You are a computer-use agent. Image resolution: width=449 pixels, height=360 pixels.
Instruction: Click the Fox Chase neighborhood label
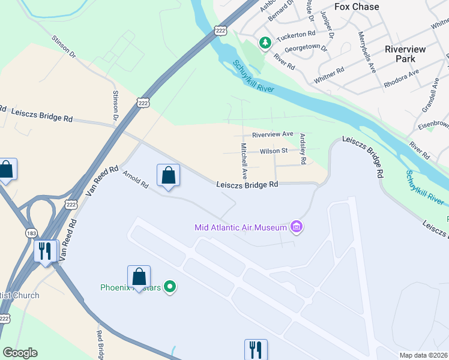[x=357, y=7]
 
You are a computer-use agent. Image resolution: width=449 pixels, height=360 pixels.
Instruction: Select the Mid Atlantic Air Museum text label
[x=240, y=227]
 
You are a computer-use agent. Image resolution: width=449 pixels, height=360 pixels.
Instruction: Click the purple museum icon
[x=296, y=227]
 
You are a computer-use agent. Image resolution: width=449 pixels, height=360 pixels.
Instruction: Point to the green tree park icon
[x=264, y=43]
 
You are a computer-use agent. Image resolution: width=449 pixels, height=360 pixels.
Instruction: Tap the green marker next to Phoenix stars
[x=170, y=287]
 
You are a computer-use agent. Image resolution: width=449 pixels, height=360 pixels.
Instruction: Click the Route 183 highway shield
[x=29, y=232]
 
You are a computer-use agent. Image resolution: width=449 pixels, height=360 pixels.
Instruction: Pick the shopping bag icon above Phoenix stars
[x=139, y=277]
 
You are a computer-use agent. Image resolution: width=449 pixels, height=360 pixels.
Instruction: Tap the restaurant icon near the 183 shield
[x=46, y=251]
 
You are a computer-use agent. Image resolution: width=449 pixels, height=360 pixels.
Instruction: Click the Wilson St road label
[x=273, y=151]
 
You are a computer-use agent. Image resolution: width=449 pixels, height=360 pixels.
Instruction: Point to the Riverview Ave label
[x=273, y=134]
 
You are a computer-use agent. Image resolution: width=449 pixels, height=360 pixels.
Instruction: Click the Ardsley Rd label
[x=303, y=149]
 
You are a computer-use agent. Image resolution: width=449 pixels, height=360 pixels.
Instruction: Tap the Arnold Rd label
[x=135, y=179]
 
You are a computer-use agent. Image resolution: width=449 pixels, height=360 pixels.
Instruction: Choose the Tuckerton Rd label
[x=295, y=34]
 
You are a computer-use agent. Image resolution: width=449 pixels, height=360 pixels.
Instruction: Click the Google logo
[x=20, y=353]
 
